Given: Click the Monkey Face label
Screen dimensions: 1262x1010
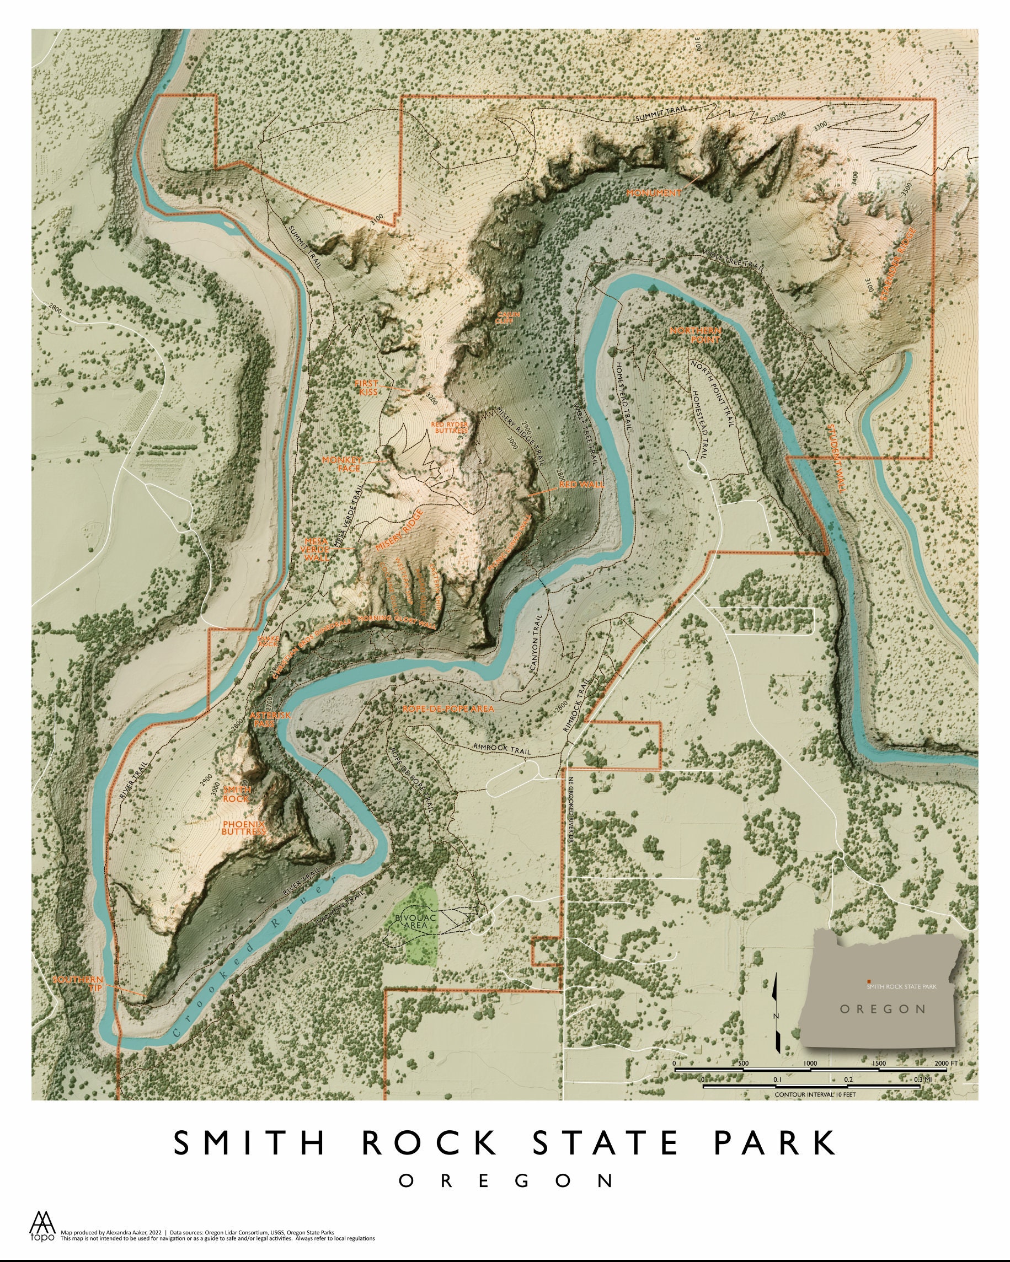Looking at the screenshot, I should pos(341,464).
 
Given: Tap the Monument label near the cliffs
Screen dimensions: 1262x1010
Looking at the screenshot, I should pos(654,192).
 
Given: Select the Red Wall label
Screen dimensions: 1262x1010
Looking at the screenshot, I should pos(581,485).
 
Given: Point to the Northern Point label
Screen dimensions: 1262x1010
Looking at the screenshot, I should pos(696,335).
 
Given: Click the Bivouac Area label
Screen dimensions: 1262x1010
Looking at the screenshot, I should pos(416,921).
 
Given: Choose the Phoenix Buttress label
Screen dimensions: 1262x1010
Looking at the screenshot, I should pos(244,827).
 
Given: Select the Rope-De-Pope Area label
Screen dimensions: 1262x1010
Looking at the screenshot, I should pos(448,708).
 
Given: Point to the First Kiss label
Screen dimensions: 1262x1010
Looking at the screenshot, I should pos(367,388).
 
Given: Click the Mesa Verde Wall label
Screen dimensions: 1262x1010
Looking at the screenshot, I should pos(316,550).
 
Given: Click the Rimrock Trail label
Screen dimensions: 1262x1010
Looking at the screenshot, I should pos(502,750).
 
